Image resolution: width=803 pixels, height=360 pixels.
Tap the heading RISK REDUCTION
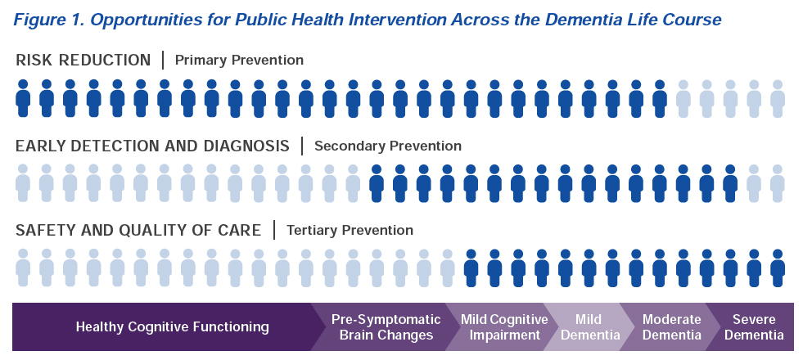tap(83, 61)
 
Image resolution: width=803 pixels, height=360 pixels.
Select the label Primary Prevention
tap(239, 61)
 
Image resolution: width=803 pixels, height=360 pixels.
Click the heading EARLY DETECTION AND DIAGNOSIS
tap(152, 146)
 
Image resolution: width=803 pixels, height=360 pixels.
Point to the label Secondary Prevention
tap(388, 146)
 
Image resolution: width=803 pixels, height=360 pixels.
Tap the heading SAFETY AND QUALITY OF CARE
tap(138, 231)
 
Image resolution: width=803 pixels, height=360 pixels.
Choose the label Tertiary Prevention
tap(350, 231)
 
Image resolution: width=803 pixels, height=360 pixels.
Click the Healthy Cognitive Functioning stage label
tap(172, 326)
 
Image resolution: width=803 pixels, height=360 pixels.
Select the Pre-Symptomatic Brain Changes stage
tap(386, 327)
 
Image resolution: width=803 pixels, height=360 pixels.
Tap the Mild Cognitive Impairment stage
tap(504, 327)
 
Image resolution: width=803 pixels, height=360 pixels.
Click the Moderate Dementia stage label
tap(671, 327)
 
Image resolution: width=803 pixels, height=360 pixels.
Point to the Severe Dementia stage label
tap(754, 327)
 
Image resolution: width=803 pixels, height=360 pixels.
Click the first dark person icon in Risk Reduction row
tap(23, 98)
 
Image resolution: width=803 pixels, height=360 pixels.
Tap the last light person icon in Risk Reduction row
tap(778, 98)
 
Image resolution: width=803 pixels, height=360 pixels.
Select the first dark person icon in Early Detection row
tap(377, 183)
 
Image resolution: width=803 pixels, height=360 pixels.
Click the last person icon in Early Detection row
tap(778, 183)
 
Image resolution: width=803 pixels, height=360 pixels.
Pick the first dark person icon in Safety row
tap(471, 268)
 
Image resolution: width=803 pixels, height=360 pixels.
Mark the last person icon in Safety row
tap(778, 268)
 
